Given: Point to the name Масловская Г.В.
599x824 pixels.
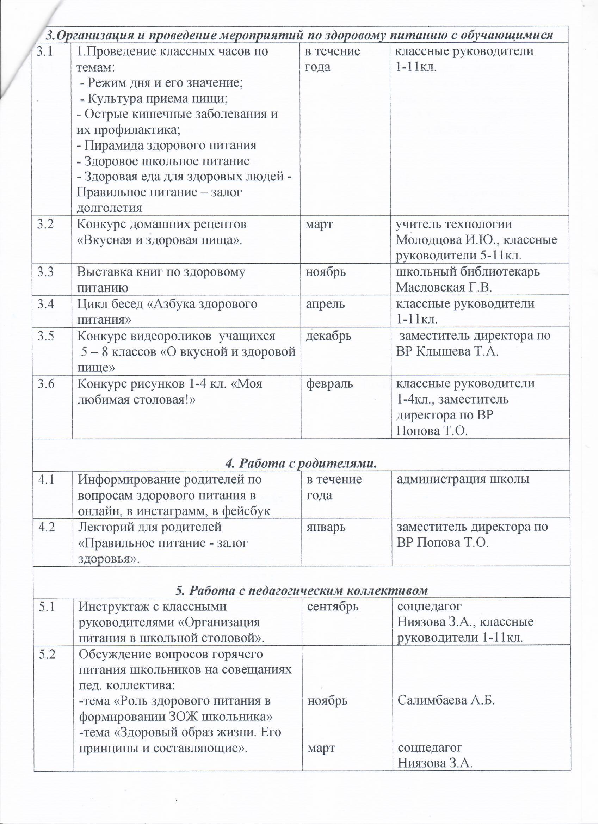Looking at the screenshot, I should click(444, 288).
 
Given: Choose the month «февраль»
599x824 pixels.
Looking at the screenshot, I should click(329, 384).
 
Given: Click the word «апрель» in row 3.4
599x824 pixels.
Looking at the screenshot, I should click(325, 304).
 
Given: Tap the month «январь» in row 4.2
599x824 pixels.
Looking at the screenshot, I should click(326, 527).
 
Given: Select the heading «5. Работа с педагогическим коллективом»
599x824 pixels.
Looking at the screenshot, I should click(302, 590).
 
